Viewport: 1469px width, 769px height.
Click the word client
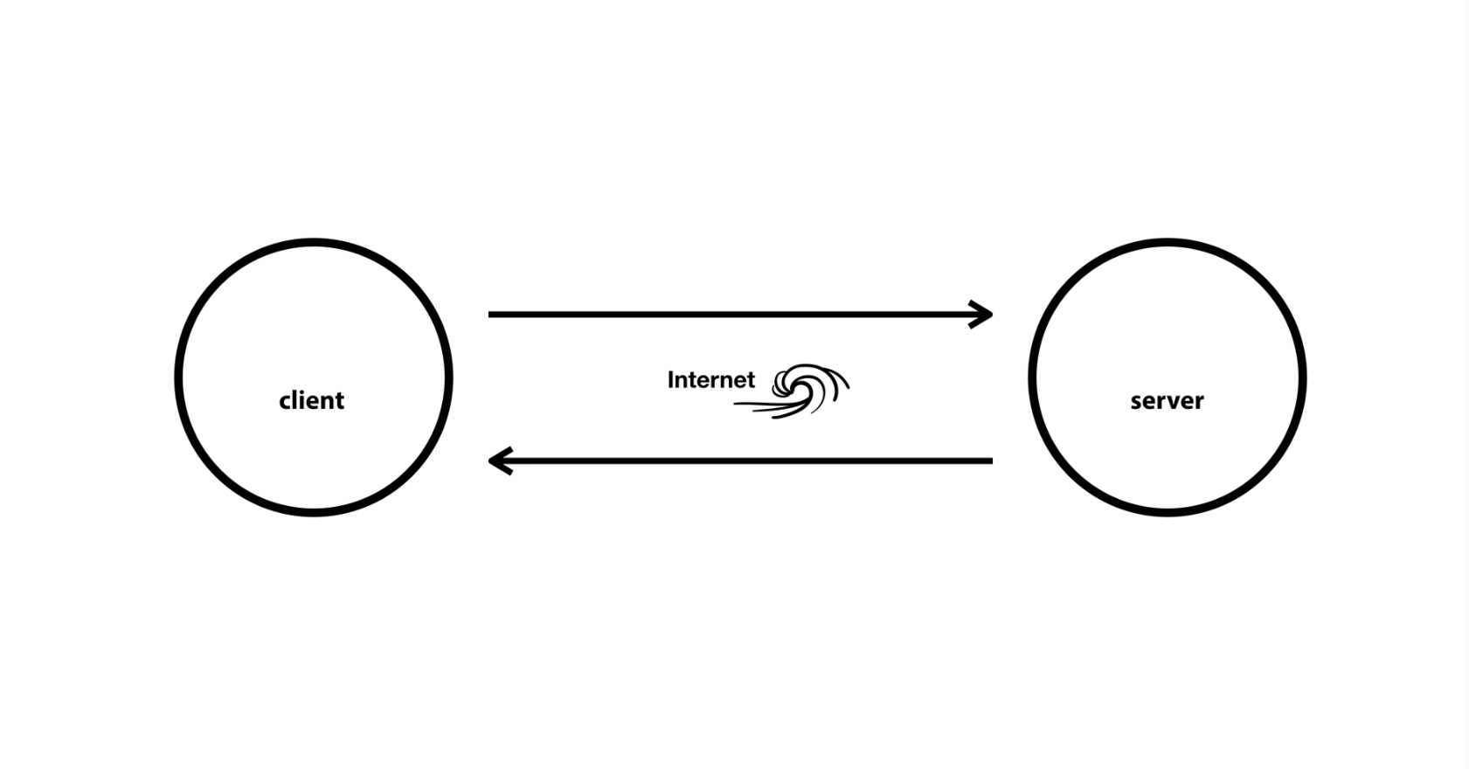tap(311, 400)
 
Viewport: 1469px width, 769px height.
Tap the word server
tap(1167, 401)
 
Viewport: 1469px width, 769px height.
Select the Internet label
tap(710, 380)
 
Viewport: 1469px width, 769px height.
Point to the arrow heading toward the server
tap(739, 314)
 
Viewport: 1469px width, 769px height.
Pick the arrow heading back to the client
tap(739, 461)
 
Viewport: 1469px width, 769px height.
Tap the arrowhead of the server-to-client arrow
tap(498, 461)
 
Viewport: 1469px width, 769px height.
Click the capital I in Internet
tap(671, 380)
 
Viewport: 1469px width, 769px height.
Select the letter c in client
tap(285, 402)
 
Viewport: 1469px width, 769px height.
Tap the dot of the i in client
tap(302, 391)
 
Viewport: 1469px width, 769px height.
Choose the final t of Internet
tap(750, 381)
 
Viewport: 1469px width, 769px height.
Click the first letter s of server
tap(1136, 402)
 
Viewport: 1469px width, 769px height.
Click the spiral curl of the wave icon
tap(792, 382)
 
